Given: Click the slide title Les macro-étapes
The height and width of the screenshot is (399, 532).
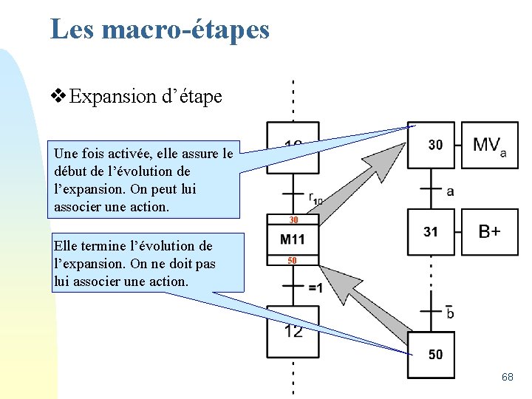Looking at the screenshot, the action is pos(160,30).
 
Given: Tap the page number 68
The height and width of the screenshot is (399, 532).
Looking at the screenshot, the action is pos(507,377).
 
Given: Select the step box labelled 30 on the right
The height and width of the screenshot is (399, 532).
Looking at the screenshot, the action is pos(434,146).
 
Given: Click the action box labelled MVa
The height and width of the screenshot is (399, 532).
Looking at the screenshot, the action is pos(489,146).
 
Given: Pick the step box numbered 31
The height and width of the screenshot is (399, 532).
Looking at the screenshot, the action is pos(430,232).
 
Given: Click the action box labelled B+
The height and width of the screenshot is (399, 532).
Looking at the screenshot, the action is pos(489,232).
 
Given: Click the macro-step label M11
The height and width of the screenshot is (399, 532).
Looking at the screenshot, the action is pos(293,239).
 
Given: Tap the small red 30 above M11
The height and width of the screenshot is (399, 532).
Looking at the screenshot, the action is pos(293,220).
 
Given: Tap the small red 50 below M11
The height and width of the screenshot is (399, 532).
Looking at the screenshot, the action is pos(293,260).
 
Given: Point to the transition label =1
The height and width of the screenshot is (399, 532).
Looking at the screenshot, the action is pos(315,287).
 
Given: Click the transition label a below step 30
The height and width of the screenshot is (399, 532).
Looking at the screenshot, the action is pos(450,191).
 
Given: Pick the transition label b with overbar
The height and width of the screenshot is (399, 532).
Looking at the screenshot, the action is pos(450,312).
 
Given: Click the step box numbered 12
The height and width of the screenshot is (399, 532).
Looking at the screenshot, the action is pos(293,330).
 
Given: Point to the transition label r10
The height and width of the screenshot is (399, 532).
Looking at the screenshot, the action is pos(316,199).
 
